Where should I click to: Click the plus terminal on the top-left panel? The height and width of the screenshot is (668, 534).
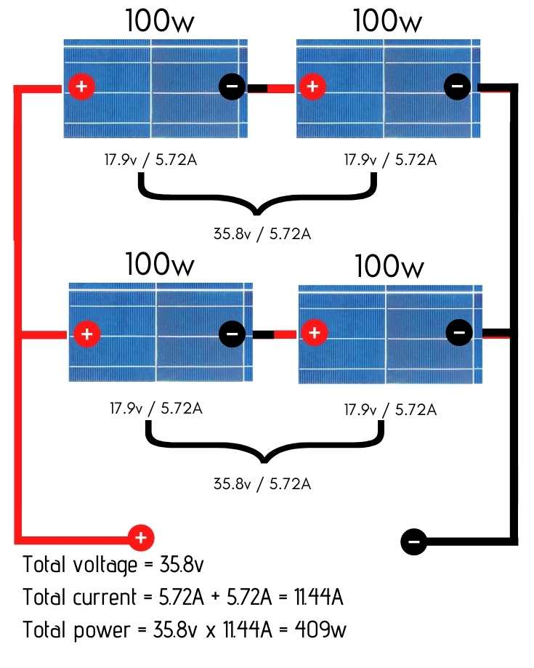point(81,87)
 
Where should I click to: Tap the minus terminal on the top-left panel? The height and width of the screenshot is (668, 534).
point(232,87)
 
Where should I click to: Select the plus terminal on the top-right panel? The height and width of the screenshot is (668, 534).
point(312,87)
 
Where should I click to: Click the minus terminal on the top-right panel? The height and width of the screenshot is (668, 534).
point(457,87)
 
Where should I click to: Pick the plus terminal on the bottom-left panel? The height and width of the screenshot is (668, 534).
point(86,334)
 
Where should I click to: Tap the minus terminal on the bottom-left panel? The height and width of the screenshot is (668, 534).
point(232,334)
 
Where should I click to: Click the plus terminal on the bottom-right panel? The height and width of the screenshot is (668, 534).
point(314,334)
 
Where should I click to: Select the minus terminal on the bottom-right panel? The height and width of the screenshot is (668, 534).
point(458,333)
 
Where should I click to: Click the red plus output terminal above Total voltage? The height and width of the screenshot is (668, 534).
point(141,538)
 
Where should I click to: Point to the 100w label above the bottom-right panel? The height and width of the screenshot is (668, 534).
point(389,267)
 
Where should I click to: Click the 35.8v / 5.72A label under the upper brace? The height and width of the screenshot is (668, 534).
point(262,234)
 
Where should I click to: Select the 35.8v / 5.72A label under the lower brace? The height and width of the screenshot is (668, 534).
point(262,483)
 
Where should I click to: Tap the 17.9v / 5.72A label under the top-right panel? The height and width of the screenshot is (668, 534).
point(390,159)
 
